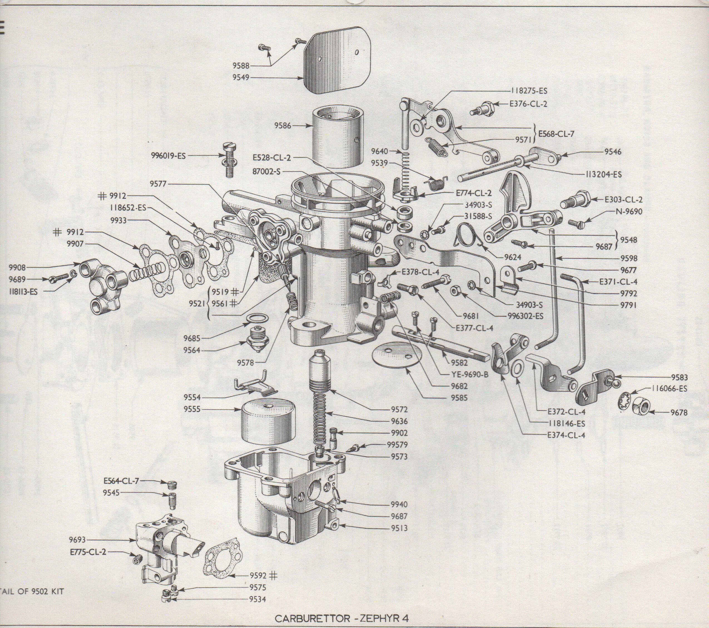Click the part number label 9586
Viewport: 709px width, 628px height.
tap(283, 126)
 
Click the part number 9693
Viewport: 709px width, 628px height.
tap(77, 540)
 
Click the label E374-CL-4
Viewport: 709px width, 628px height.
tap(566, 435)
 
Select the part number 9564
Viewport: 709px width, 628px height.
tap(192, 350)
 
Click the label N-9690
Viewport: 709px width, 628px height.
tap(629, 211)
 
